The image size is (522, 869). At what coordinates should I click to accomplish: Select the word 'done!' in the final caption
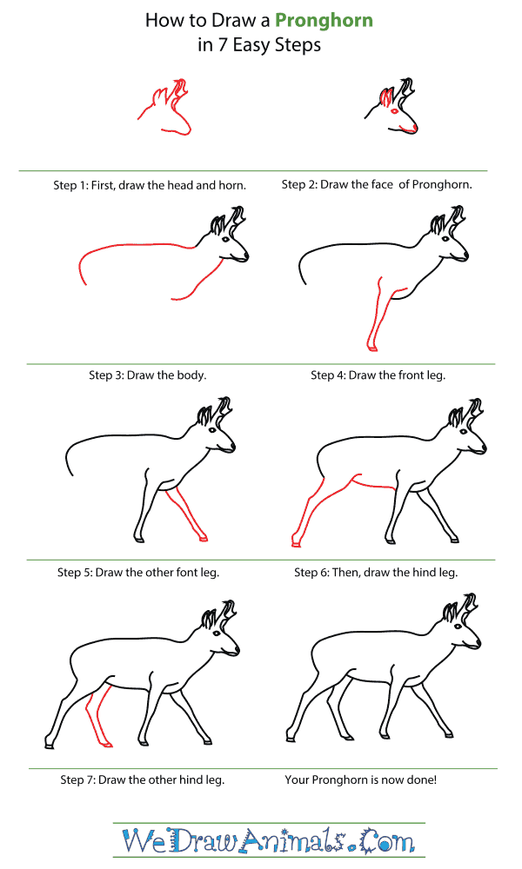tap(418, 779)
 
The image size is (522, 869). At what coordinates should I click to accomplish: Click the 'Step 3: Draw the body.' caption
tap(147, 375)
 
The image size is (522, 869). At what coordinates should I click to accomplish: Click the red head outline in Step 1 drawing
tap(165, 113)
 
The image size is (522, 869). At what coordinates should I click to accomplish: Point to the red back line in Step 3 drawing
tap(130, 248)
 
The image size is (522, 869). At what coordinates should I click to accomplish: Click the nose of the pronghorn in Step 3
tap(247, 256)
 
